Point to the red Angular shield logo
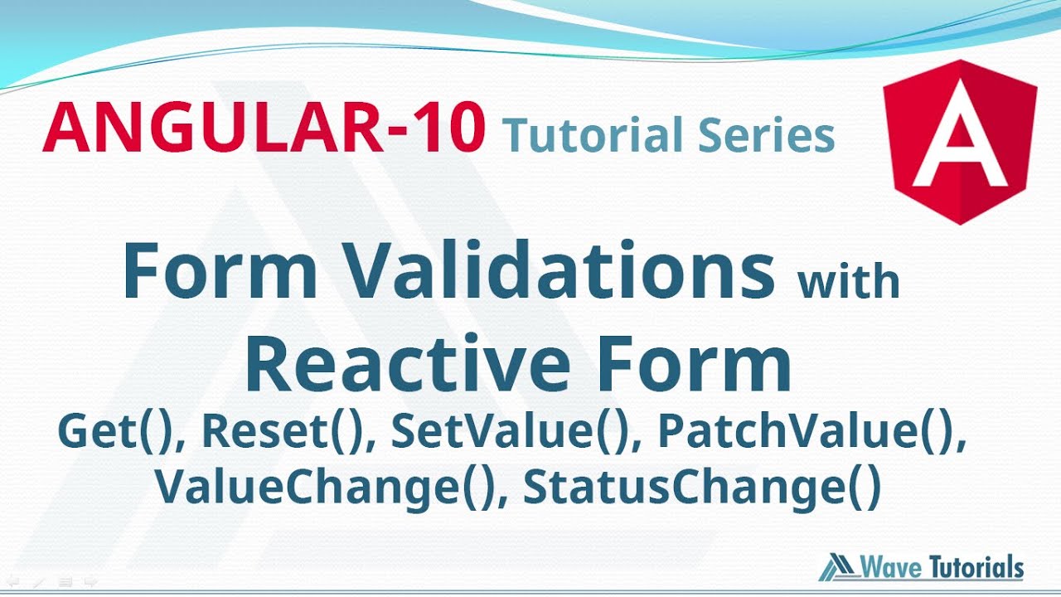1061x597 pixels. point(959,140)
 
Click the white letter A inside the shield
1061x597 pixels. point(959,145)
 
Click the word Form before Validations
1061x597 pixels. point(220,271)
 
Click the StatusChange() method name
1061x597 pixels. point(701,488)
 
